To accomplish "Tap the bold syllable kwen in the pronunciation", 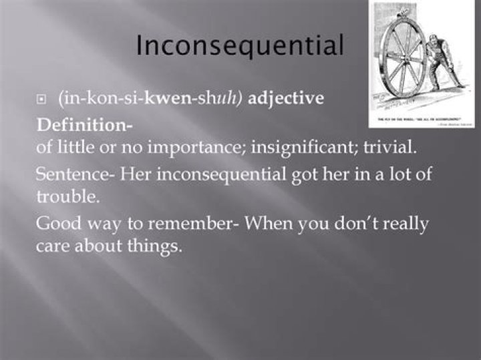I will point(168,100).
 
